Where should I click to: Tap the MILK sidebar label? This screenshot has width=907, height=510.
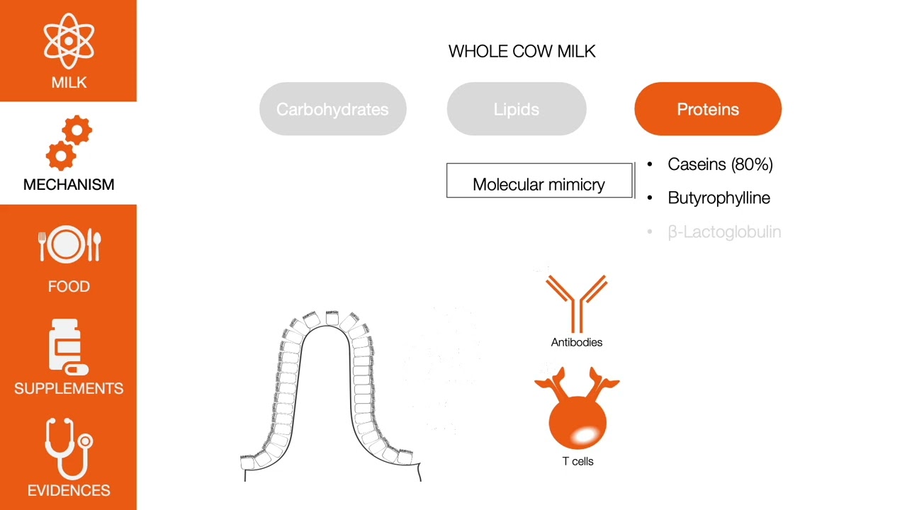coord(69,82)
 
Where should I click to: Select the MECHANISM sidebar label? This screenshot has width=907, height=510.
coord(69,184)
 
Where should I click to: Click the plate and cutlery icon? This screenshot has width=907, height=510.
coord(69,245)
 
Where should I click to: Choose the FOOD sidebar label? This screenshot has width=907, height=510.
coord(69,286)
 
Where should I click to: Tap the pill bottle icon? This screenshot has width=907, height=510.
coord(68,347)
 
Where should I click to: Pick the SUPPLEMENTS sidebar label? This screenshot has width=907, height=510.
coord(69,388)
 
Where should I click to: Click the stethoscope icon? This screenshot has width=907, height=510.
coord(69,448)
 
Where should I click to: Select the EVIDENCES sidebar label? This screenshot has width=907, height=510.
coord(69,490)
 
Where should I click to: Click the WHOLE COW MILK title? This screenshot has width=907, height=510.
coord(522,51)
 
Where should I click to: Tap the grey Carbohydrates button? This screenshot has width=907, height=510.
coord(332,109)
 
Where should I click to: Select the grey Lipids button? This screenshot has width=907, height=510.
coord(517,109)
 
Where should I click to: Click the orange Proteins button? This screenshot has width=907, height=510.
coord(708,109)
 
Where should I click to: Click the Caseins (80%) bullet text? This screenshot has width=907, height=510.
coord(720,164)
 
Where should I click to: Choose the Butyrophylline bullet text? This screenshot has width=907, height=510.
coord(719,198)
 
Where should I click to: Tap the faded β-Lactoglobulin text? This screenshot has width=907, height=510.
coord(724,232)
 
